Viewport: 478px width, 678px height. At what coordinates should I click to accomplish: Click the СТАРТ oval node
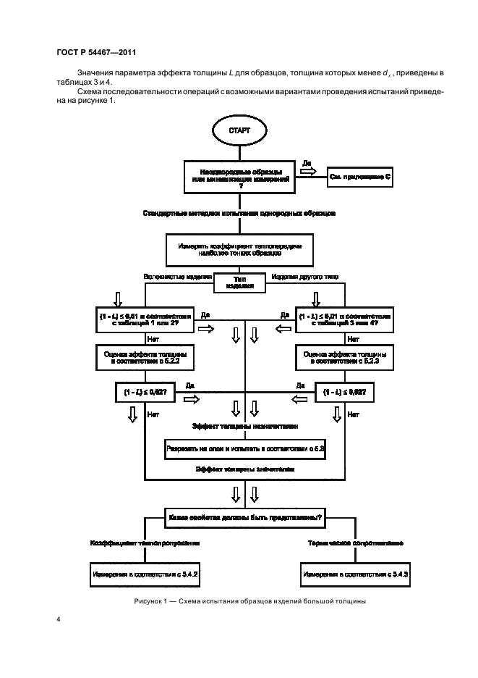click(x=239, y=131)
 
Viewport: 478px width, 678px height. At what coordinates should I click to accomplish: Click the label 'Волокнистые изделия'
click(x=178, y=276)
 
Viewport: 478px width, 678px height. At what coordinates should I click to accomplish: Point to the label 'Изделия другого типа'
click(x=304, y=276)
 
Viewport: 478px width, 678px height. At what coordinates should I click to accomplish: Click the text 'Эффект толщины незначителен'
click(x=245, y=427)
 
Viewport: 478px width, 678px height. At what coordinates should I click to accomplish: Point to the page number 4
click(x=58, y=620)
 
